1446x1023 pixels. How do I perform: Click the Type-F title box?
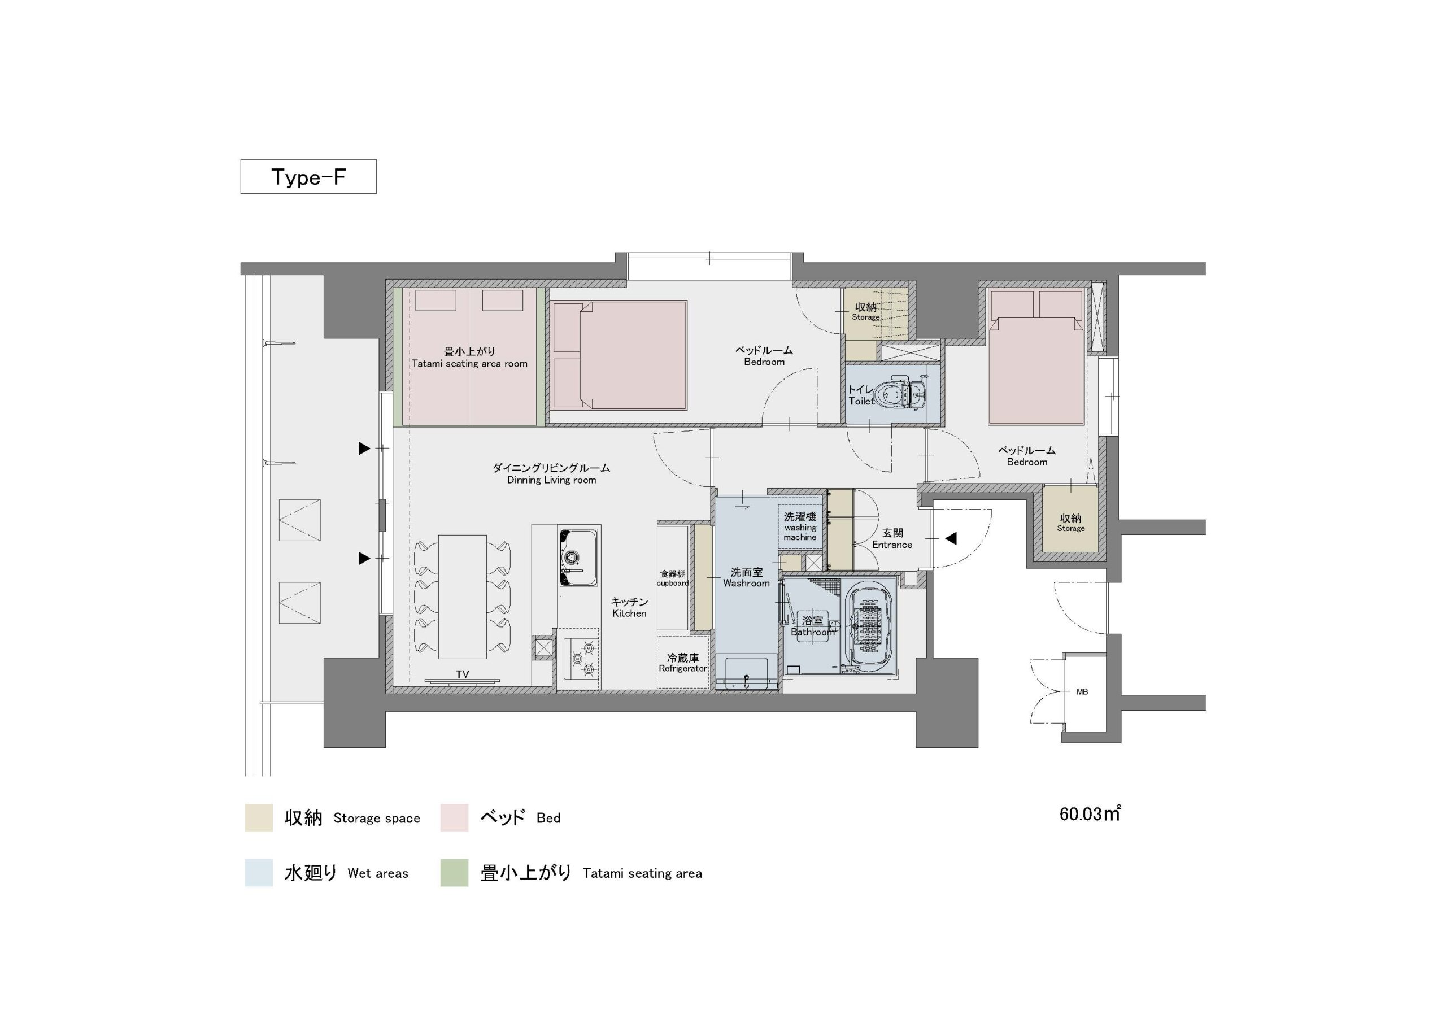pos(308,176)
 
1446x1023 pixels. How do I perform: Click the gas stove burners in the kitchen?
pos(581,658)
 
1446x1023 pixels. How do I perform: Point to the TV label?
pos(462,674)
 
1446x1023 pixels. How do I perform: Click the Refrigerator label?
pos(683,668)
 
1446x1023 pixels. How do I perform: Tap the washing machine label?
pos(800,532)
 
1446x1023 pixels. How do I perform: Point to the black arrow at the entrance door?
pos(951,538)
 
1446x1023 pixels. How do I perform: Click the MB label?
pos(1082,691)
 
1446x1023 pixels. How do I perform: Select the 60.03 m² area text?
pos(1090,814)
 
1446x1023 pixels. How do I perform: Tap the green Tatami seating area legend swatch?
pos(454,872)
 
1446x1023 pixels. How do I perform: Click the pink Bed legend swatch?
pos(454,817)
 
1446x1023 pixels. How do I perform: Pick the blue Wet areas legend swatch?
pos(259,872)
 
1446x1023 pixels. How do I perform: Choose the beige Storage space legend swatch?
pos(259,817)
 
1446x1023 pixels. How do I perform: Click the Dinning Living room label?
pos(552,480)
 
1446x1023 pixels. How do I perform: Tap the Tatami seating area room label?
pos(470,363)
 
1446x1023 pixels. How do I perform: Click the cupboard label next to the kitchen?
pos(673,584)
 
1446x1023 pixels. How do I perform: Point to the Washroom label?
pos(746,584)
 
